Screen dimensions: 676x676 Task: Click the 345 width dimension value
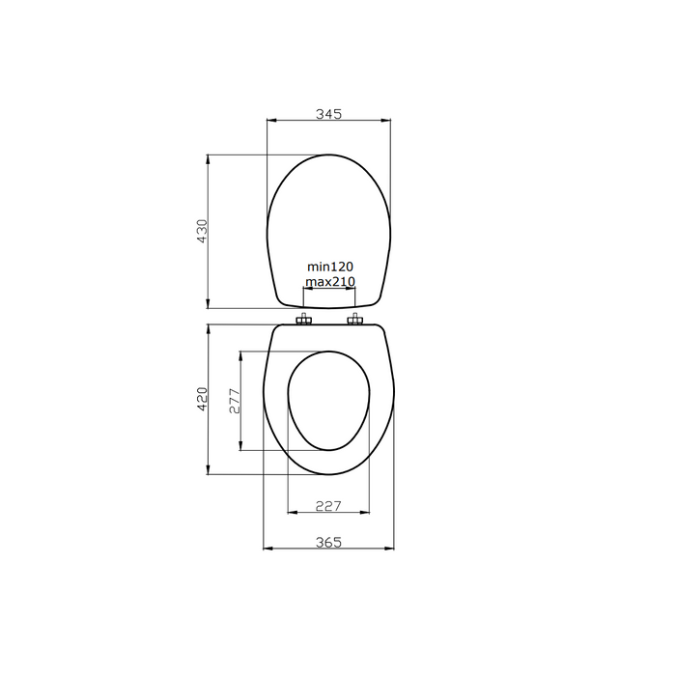[x=329, y=114]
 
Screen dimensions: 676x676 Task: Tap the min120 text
[x=330, y=267]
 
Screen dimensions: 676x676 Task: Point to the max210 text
[x=330, y=282]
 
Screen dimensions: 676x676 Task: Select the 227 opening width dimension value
[x=328, y=504]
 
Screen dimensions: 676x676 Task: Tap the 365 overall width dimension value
[x=329, y=542]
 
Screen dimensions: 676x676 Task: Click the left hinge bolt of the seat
[x=305, y=321]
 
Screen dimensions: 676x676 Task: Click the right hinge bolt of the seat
[x=356, y=321]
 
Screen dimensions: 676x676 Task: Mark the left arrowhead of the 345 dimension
[x=270, y=122]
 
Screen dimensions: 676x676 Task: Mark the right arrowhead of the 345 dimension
[x=388, y=122]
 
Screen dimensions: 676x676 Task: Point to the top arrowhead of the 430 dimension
[x=210, y=158]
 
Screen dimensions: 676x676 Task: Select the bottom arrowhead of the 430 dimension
[x=210, y=304]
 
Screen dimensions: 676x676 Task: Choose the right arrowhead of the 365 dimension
[x=391, y=549]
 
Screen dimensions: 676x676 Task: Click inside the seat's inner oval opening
[x=328, y=401]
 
